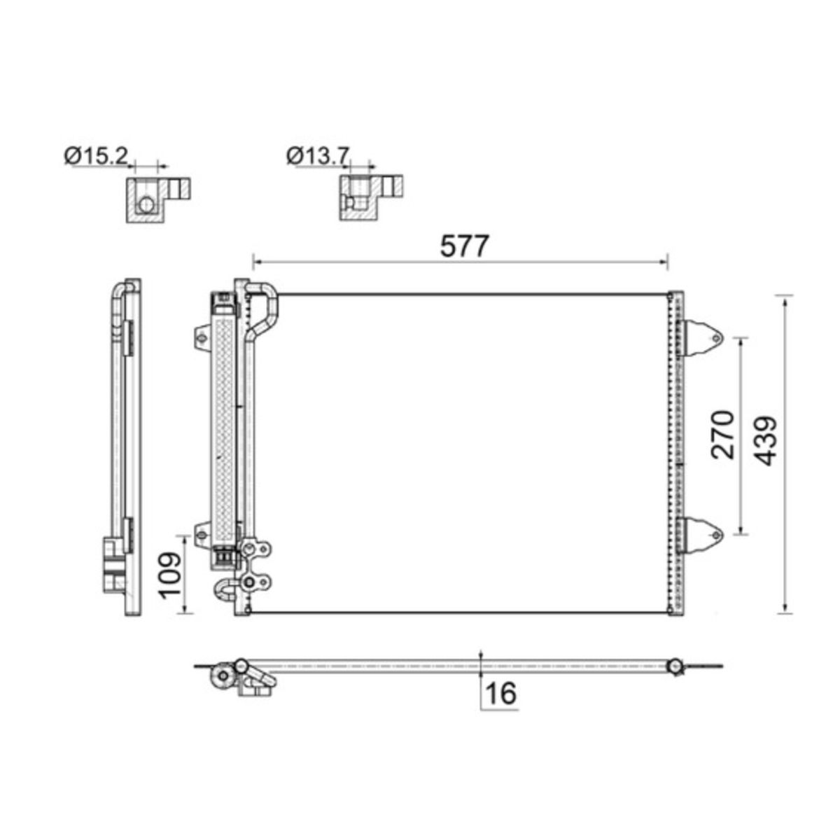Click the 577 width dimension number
tap(464, 246)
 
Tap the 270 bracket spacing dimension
tap(722, 435)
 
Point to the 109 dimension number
tap(169, 576)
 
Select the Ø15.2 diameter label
tap(96, 156)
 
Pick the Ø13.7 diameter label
tap(318, 156)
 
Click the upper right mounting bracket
tap(702, 338)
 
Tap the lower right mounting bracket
tap(702, 535)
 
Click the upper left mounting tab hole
tap(202, 339)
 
